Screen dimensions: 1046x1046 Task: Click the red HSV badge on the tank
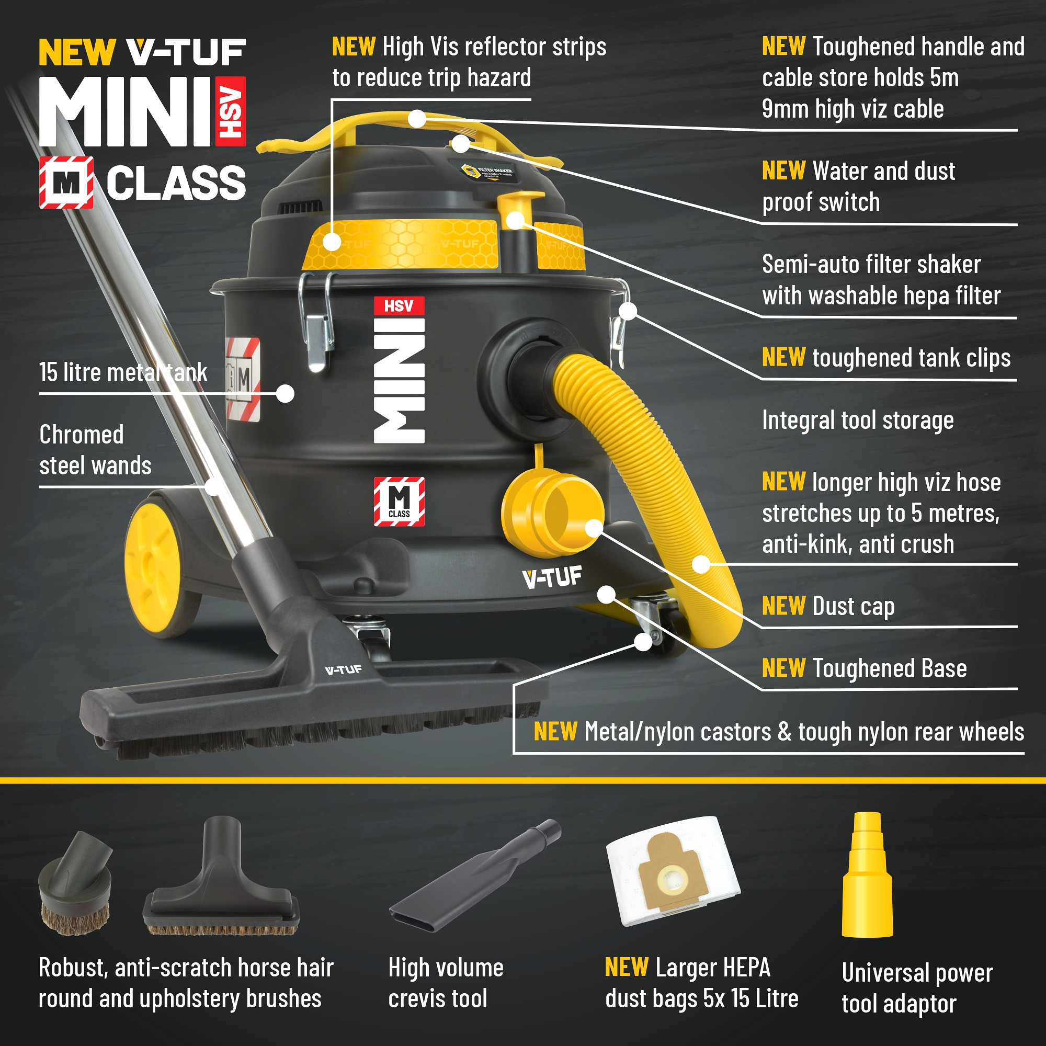(399, 306)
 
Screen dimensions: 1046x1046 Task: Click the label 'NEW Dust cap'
(828, 606)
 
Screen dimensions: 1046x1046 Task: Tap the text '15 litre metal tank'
(123, 372)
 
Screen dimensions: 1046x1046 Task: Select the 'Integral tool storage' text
(858, 420)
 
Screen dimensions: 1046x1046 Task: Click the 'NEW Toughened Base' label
(864, 668)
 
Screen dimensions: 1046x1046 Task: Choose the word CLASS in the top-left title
(176, 183)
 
